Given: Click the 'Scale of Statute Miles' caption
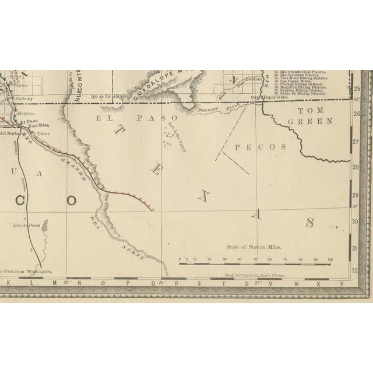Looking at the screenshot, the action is (254, 247).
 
